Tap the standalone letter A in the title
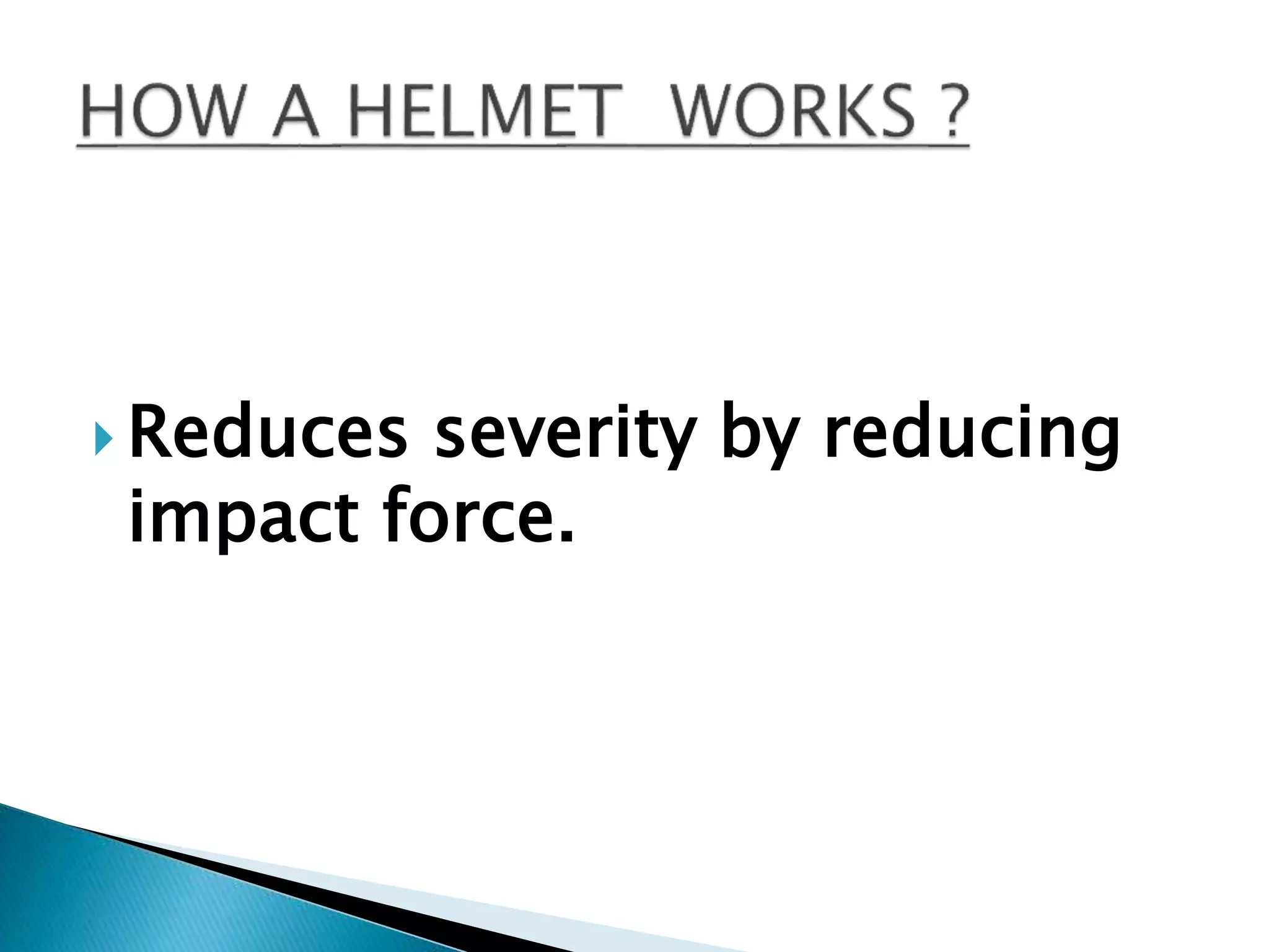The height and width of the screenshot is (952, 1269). [297, 112]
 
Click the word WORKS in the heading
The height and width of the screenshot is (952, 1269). [793, 112]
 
